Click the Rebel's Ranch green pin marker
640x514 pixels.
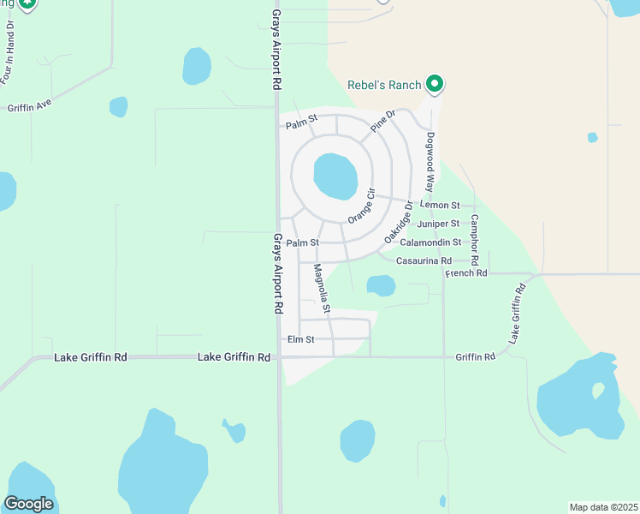tap(435, 83)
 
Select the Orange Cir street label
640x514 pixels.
tap(362, 206)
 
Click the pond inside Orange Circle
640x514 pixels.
tap(335, 176)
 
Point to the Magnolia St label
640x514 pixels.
tap(322, 287)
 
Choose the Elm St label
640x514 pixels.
tap(301, 340)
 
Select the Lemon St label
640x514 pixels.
tap(440, 206)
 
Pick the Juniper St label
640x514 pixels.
tap(438, 224)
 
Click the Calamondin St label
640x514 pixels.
tap(430, 242)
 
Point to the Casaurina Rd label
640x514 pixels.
tap(424, 260)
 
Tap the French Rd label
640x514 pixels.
tap(466, 273)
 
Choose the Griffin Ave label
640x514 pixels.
tap(30, 107)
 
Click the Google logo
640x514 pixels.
tap(28, 504)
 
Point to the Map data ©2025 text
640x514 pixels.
tap(603, 507)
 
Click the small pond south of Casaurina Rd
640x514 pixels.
tap(381, 284)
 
